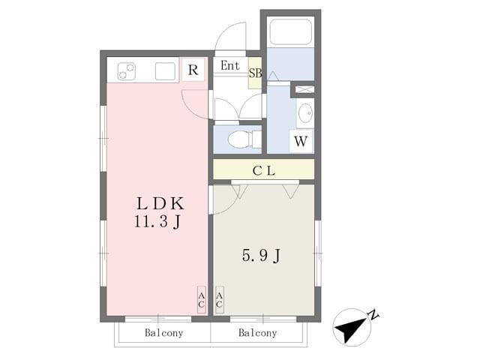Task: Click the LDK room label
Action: [x=160, y=203]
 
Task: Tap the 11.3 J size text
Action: [x=157, y=221]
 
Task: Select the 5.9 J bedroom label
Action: [x=262, y=256]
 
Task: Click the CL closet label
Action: [x=264, y=170]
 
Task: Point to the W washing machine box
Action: [x=301, y=141]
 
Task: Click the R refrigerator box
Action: [x=193, y=70]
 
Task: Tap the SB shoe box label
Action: [x=255, y=73]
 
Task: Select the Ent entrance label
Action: [x=230, y=65]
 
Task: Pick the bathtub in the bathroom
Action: [x=291, y=31]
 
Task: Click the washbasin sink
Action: [x=305, y=113]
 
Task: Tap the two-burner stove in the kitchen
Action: [x=127, y=71]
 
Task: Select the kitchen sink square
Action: [x=165, y=71]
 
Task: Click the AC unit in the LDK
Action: [x=202, y=300]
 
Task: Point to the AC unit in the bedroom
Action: [x=220, y=300]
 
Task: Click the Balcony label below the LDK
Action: [x=164, y=333]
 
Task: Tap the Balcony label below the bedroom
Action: [x=258, y=333]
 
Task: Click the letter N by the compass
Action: [x=373, y=315]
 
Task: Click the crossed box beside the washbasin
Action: [x=304, y=89]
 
